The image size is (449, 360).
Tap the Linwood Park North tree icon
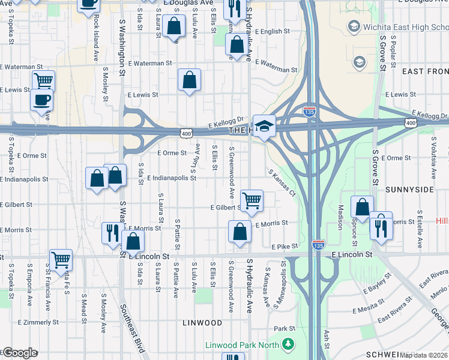coord(289,344)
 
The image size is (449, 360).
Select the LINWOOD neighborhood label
coord(202,323)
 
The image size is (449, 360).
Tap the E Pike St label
coord(285,247)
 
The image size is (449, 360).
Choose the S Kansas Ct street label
coord(282,183)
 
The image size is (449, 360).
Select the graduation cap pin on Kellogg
coord(264,126)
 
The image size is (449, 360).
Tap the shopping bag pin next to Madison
coord(362,208)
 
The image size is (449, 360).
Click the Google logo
coord(20,353)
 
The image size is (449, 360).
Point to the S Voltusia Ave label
coord(433,157)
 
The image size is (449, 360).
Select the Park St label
coord(285,329)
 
